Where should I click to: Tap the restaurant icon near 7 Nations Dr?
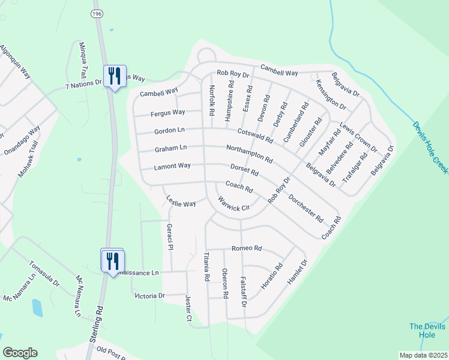115,76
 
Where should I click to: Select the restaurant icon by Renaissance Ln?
112,261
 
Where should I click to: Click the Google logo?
20,353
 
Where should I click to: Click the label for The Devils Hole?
427,331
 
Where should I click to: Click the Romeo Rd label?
247,248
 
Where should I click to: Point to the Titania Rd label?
206,266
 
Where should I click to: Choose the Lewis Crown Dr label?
358,137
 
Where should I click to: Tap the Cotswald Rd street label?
255,136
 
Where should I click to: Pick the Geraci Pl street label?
170,237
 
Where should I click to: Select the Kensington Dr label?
331,95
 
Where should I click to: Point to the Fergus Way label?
167,112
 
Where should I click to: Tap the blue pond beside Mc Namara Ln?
37,307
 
